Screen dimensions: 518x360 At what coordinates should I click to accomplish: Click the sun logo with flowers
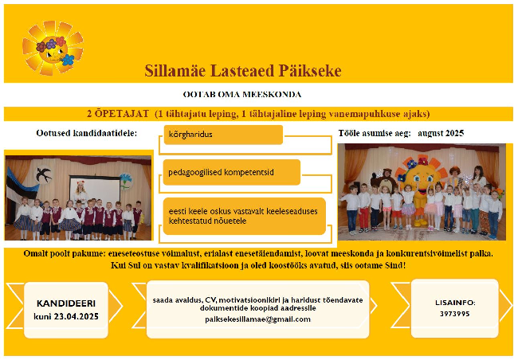tap(53, 48)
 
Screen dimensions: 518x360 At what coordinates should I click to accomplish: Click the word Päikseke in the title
tap(310, 71)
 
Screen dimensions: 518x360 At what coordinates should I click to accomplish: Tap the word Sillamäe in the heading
tap(175, 71)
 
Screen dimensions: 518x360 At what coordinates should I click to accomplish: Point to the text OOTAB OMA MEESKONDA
tap(242, 95)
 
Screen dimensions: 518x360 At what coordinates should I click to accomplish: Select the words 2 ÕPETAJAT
tap(118, 114)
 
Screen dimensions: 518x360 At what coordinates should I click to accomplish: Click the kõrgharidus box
tap(223, 135)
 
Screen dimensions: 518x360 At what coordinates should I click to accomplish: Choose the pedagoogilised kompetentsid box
tap(232, 172)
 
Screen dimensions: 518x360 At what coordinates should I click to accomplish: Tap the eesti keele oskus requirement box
tap(245, 216)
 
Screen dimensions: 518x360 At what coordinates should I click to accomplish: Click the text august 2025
tap(441, 133)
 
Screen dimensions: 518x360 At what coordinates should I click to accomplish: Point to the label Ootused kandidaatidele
tap(87, 133)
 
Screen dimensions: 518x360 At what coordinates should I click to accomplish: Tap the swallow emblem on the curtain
tap(44, 174)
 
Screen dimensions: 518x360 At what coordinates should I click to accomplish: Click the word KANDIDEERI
tap(66, 303)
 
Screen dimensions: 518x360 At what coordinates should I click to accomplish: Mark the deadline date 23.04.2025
tap(77, 316)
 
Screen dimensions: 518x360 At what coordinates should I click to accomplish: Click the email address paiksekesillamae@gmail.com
tap(257, 319)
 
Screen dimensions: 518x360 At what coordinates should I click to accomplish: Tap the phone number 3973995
tap(454, 314)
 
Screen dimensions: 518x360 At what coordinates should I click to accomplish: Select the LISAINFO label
tap(455, 303)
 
